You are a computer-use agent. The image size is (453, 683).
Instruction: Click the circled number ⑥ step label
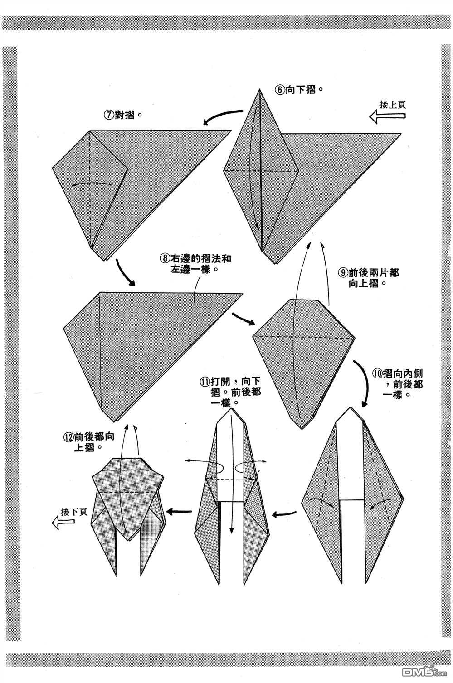[x=279, y=89]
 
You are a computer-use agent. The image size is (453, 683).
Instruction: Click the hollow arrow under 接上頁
[x=388, y=117]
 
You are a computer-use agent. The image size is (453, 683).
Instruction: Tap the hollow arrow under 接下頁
[x=63, y=523]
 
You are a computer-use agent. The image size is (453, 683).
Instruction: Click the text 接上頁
[x=393, y=104]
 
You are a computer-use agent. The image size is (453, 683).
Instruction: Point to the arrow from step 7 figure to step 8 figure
[x=125, y=272]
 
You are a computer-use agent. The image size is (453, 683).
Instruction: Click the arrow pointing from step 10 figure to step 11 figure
[x=285, y=513]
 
